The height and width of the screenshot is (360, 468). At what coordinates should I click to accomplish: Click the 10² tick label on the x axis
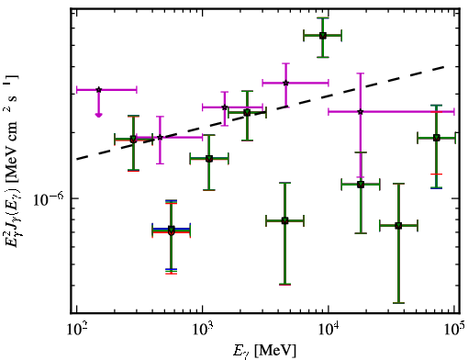[76, 331]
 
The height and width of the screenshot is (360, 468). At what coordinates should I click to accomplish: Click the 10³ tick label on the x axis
[203, 331]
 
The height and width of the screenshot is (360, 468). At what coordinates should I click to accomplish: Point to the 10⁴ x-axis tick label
[329, 331]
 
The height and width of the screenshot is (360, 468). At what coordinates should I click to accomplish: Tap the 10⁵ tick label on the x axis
[454, 331]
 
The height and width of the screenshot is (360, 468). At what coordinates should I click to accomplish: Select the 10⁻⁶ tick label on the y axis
[49, 199]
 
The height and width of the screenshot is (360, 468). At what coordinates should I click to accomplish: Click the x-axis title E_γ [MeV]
[264, 351]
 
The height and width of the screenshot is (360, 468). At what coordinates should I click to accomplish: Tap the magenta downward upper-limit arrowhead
[98, 115]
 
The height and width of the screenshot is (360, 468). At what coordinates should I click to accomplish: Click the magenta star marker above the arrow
[98, 90]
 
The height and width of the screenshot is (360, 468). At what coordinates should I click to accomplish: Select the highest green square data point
[322, 36]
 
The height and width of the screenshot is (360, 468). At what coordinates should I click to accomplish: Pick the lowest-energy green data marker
[133, 140]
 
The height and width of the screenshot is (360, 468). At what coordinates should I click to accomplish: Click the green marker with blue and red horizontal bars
[172, 231]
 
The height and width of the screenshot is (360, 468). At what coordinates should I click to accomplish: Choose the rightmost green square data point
[437, 138]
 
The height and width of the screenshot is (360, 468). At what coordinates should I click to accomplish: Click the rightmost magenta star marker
[361, 112]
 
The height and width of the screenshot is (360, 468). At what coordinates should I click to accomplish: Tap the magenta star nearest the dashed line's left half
[160, 137]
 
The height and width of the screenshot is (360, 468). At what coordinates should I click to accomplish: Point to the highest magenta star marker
[285, 83]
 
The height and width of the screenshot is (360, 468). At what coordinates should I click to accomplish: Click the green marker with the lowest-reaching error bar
[398, 226]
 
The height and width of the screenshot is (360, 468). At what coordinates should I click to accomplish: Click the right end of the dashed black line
[443, 66]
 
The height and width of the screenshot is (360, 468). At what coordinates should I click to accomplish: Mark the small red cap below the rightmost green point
[437, 174]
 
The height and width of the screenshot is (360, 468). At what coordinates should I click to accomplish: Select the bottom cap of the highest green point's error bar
[323, 57]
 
